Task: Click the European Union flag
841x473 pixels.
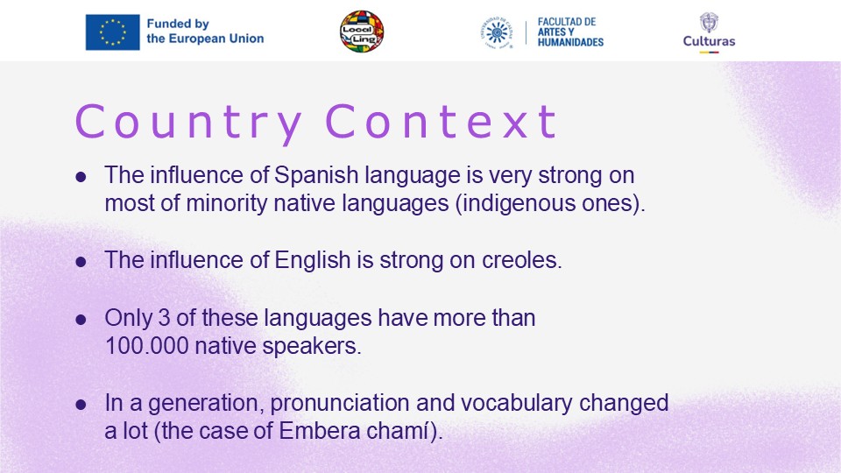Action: coord(113,32)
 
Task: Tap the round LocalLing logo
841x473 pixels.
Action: coord(362,32)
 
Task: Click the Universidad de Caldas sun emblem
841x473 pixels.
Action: coord(496,32)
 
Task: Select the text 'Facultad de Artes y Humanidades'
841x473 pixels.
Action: coord(570,32)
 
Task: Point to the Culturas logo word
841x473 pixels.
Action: coord(709,41)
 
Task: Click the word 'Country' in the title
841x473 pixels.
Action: coord(188,123)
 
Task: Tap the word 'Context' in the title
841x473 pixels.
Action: coord(441,122)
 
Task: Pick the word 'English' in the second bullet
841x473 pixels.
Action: coord(313,260)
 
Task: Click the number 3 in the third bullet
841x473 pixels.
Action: coord(164,317)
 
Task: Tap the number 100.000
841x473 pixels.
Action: coord(147,346)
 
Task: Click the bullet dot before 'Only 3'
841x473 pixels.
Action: coord(81,320)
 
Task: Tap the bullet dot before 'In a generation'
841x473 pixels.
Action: coord(81,405)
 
